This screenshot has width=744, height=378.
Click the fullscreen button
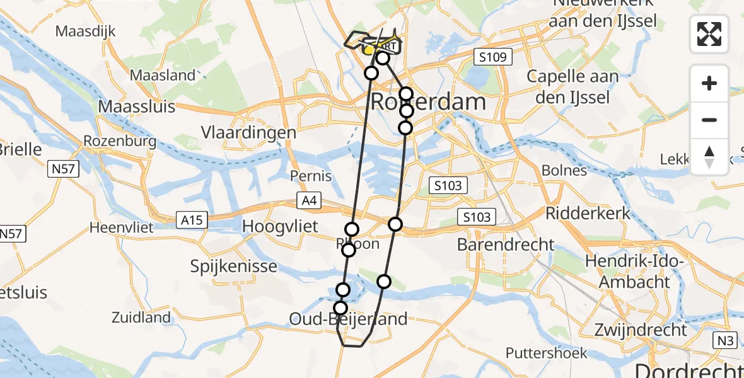(709, 34)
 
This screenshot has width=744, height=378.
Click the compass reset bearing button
(709, 157)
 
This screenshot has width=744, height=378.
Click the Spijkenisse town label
(234, 266)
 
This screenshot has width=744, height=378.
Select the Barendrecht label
(506, 244)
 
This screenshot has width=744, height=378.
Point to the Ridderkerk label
(588, 213)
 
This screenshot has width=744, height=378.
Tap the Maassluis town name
(137, 106)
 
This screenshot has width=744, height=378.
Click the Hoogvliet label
(281, 226)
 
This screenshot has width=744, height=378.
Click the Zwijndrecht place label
(641, 329)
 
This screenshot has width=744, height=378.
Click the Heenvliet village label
(122, 227)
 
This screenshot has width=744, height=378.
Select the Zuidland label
(141, 318)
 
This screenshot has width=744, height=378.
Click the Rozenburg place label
(120, 140)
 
